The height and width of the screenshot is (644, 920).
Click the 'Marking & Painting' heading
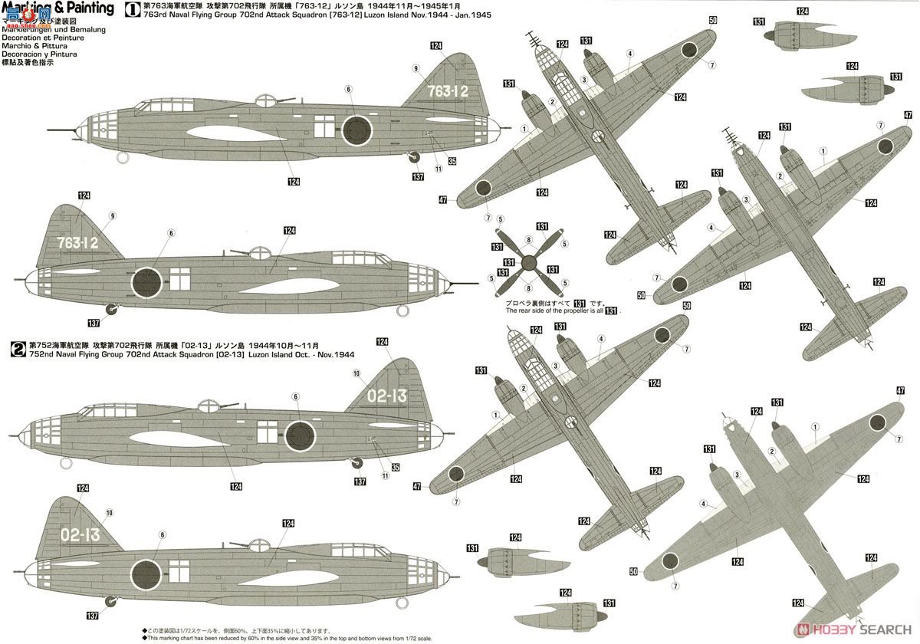coord(58,8)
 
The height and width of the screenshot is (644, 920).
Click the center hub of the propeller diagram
coord(526,261)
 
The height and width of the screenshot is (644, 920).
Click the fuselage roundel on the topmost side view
coord(356,130)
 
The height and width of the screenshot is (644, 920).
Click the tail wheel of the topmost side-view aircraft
coord(415,157)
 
